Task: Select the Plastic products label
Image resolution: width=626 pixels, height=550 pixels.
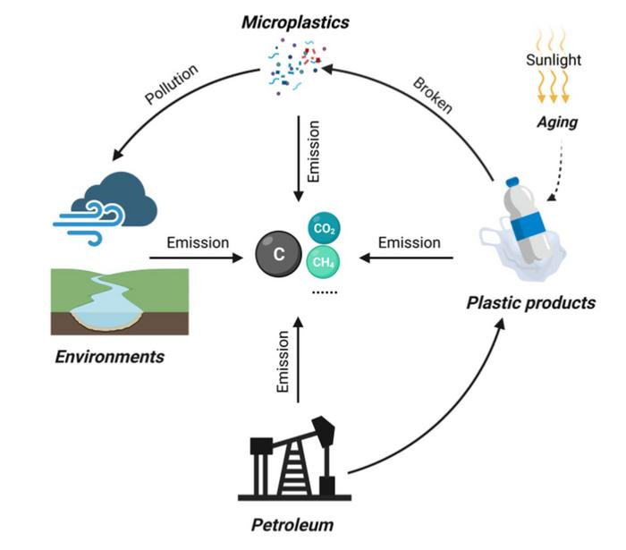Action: pyautogui.click(x=530, y=302)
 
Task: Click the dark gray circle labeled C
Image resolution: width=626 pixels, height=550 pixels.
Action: pyautogui.click(x=278, y=253)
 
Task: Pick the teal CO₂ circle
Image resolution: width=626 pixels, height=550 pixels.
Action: pyautogui.click(x=324, y=229)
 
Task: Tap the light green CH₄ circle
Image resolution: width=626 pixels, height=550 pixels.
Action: pyautogui.click(x=324, y=264)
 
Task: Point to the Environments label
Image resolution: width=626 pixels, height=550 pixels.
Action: pyautogui.click(x=110, y=356)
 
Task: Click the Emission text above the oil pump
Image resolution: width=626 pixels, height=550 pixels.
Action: pyautogui.click(x=283, y=362)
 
